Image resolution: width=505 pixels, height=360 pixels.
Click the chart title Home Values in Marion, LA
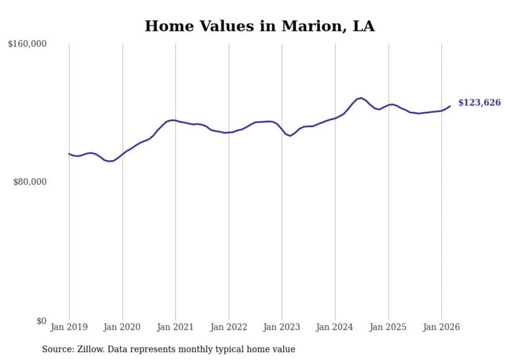[x=259, y=26]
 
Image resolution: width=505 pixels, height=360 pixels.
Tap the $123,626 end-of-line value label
[x=479, y=102]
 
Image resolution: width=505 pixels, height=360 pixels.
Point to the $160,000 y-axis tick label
[x=27, y=44]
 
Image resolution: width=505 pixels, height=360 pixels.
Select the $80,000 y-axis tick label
[x=29, y=182]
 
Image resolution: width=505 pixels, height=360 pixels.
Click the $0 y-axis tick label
[x=41, y=321]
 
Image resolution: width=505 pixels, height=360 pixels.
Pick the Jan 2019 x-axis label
[x=69, y=327]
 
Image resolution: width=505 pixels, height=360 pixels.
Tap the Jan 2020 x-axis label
[x=122, y=327]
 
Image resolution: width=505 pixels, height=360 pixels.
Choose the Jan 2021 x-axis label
[x=175, y=327]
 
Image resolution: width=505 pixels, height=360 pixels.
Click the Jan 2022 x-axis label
[x=229, y=327]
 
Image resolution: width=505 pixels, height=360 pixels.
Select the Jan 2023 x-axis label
[x=282, y=327]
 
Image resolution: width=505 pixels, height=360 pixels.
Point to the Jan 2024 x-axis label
[x=335, y=327]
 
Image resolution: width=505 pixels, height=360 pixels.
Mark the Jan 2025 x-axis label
[x=388, y=327]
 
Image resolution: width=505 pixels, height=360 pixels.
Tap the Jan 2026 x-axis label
[x=441, y=327]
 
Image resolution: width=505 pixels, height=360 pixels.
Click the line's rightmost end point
[x=450, y=106]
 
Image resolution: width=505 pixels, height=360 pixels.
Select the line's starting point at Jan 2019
[x=69, y=153]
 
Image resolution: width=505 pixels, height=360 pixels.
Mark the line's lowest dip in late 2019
[x=109, y=161]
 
